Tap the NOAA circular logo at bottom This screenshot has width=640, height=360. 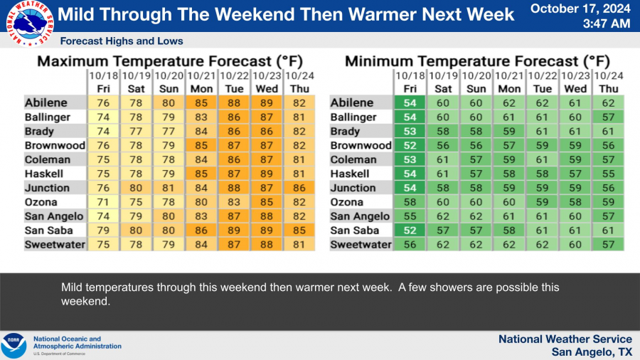pyautogui.click(x=14, y=345)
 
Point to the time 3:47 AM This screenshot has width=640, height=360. pyautogui.click(x=606, y=23)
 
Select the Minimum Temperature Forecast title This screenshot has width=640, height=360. pyautogui.click(x=477, y=61)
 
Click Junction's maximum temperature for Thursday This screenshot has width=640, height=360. pyautogui.click(x=299, y=188)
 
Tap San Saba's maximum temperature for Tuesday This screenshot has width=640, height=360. pyautogui.click(x=233, y=231)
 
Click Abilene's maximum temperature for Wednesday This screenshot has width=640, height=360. pyautogui.click(x=267, y=103)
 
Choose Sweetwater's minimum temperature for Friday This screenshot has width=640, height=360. pyautogui.click(x=410, y=245)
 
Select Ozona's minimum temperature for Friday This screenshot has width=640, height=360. pyautogui.click(x=410, y=202)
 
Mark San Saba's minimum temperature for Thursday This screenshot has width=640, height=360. pyautogui.click(x=608, y=231)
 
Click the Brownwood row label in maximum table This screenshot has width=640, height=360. pyautogui.click(x=55, y=145)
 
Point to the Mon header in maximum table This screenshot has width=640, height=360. pyautogui.click(x=201, y=88)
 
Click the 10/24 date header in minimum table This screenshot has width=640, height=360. pyautogui.click(x=608, y=75)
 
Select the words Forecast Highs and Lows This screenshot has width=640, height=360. pyautogui.click(x=122, y=41)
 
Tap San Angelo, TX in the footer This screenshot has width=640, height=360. pyautogui.click(x=592, y=352)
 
